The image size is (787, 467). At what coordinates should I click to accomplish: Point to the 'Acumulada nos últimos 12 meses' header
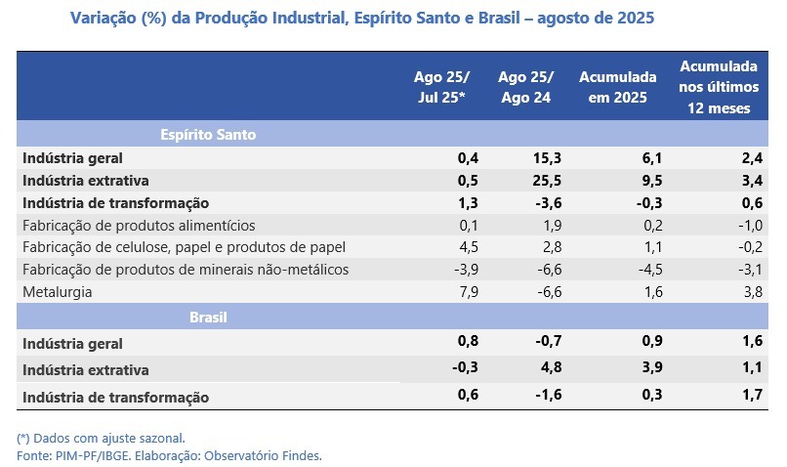point(719,88)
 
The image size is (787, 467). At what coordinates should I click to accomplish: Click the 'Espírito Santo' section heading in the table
point(208,135)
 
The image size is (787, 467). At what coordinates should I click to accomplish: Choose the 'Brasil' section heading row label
point(208,318)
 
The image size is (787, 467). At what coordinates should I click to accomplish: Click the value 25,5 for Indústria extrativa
point(548,180)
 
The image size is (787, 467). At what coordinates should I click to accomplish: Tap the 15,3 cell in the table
point(548,157)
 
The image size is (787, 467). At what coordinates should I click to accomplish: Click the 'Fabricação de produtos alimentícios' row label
point(138,225)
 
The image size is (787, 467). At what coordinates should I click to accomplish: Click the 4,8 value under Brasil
point(552,370)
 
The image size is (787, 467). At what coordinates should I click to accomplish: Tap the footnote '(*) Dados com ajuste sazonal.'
point(101,438)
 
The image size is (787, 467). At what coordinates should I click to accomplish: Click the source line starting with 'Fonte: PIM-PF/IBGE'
point(169,455)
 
